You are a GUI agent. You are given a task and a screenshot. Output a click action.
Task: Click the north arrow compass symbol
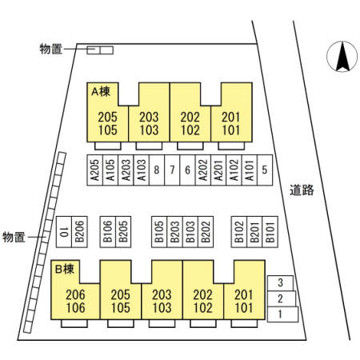click(342, 57)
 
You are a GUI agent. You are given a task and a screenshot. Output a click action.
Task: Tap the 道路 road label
click(302, 190)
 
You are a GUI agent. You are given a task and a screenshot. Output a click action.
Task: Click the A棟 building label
click(101, 92)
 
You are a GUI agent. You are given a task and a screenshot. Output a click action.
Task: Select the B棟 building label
click(65, 269)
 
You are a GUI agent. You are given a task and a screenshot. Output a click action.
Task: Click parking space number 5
click(265, 170)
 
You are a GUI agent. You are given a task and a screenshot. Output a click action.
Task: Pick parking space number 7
click(172, 170)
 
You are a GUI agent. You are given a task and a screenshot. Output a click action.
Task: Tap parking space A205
click(95, 170)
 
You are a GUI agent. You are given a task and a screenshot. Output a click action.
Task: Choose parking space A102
click(234, 170)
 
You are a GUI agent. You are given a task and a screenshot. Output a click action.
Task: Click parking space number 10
click(64, 232)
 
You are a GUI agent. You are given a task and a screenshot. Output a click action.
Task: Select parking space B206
click(79, 232)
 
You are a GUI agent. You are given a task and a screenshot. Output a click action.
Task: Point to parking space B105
click(159, 232)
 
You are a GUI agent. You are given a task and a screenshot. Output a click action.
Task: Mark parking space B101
click(270, 232)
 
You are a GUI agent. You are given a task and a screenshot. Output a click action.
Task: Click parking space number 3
click(281, 283)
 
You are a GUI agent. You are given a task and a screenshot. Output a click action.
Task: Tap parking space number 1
click(282, 314)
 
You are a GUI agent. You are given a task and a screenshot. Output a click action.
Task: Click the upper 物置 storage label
click(51, 49)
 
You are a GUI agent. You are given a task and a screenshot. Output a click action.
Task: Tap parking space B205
click(123, 232)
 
